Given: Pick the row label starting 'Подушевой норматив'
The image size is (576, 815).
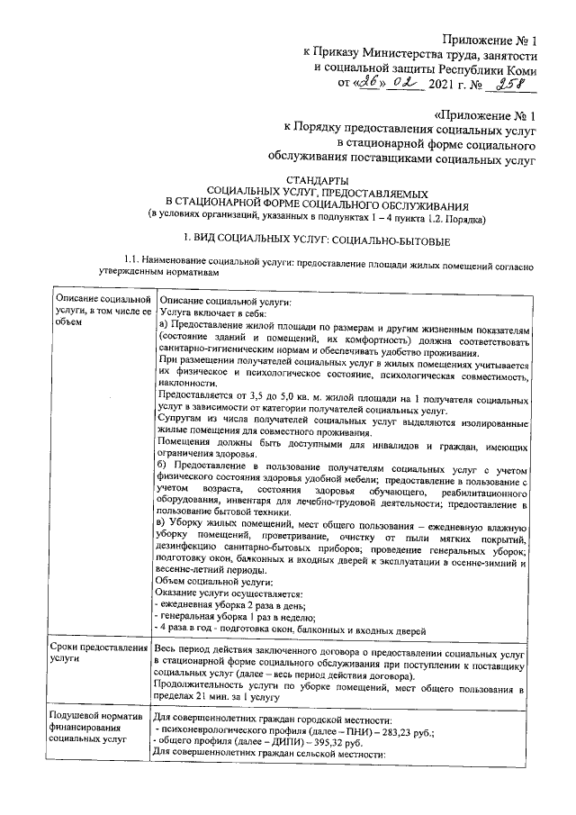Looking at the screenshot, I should click(94, 726).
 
